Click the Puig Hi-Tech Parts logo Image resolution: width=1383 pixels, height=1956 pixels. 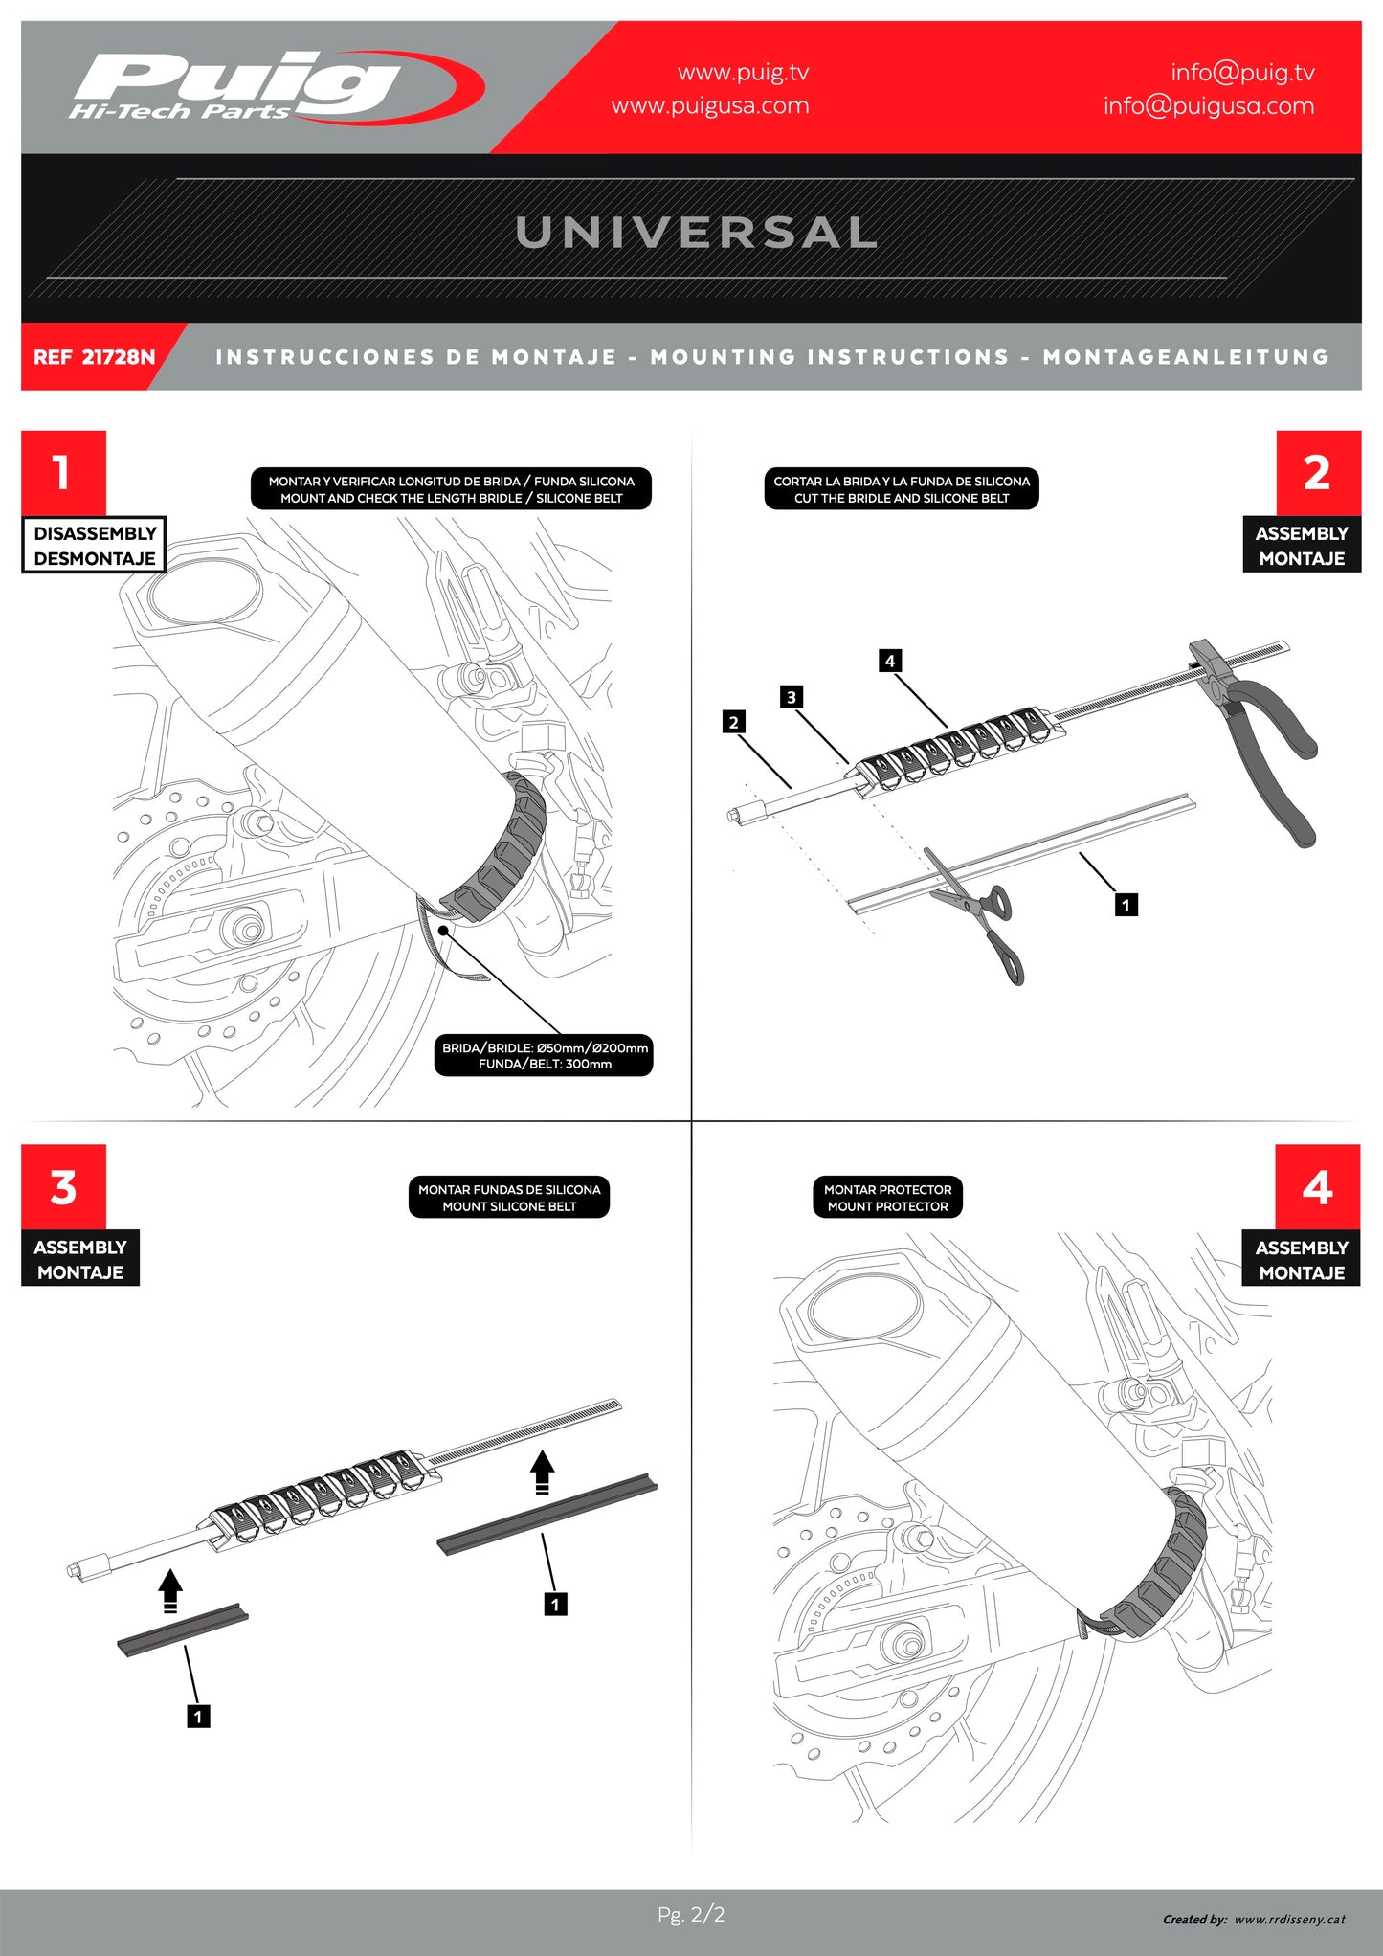(273, 88)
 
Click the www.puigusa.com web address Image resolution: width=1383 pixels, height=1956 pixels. (710, 106)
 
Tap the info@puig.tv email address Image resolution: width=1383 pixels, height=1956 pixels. (1241, 73)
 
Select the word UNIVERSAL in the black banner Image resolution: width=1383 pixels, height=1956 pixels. (696, 233)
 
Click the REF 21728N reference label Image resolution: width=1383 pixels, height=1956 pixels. (94, 357)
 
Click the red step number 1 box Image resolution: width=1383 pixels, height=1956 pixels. (63, 472)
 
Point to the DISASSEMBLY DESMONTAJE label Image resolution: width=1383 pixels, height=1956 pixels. (94, 546)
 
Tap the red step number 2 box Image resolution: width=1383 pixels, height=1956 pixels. (1317, 472)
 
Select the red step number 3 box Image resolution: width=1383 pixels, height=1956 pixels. (63, 1187)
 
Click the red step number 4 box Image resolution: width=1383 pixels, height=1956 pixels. (1317, 1187)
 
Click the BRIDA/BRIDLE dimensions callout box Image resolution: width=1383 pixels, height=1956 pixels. (544, 1055)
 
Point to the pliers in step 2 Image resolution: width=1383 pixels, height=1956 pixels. (1263, 737)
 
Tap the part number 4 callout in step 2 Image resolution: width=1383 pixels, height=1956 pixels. (890, 661)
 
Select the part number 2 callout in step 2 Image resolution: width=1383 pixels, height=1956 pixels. (733, 722)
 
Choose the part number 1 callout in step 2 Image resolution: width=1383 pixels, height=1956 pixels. (1126, 905)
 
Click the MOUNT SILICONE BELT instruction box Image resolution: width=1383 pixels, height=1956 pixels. (508, 1198)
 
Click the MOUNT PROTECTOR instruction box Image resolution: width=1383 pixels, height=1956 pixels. (887, 1198)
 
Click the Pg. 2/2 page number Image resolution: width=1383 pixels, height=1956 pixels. (691, 1915)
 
